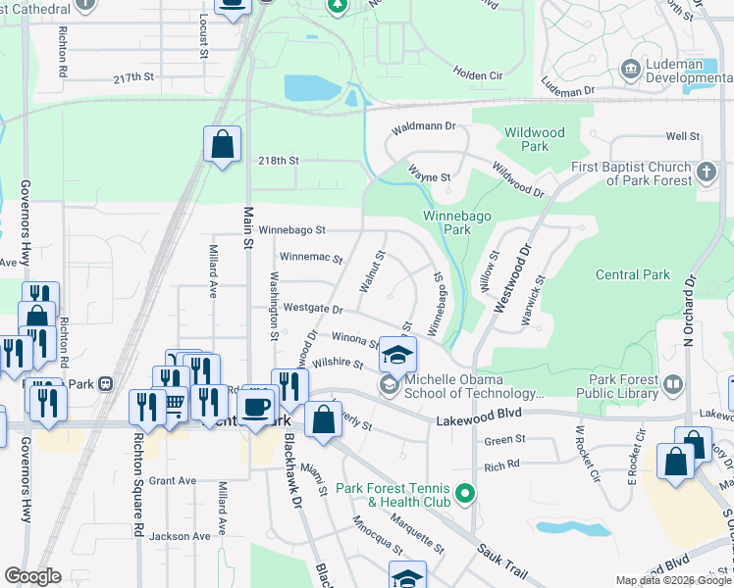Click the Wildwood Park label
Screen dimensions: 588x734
535,139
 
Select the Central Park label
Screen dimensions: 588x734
633,275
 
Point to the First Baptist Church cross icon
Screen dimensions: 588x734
707,173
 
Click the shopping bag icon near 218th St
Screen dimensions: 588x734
223,145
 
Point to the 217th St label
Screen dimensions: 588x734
134,76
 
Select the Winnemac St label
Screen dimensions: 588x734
311,259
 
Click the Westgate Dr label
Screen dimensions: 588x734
313,309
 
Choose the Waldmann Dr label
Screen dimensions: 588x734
425,126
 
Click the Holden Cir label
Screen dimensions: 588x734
477,73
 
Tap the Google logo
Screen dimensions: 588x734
32,576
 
